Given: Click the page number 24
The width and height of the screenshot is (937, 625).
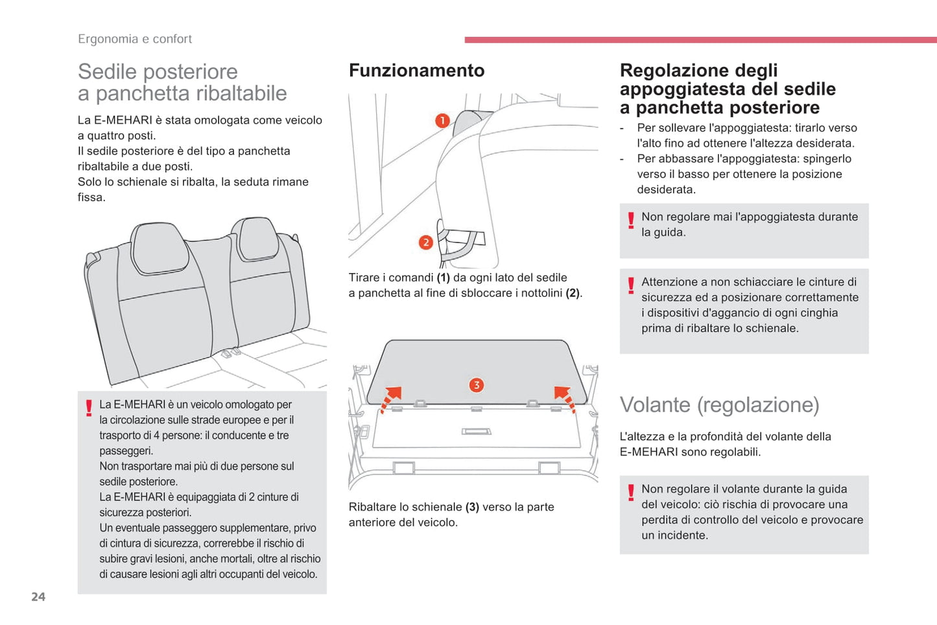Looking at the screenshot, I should [38, 596].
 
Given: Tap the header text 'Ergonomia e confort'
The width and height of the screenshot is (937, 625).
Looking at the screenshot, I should [135, 39].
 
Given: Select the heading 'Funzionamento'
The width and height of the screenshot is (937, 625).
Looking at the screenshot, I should [416, 71].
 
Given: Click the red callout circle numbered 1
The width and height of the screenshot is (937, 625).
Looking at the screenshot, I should [442, 121].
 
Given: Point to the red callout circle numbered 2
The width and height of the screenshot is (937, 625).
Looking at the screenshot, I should [425, 242].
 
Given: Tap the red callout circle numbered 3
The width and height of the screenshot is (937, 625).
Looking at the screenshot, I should [476, 385].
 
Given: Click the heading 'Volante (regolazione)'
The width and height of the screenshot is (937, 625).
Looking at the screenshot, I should [719, 405].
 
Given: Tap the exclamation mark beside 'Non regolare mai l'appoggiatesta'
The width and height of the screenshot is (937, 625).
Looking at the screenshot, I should [630, 220].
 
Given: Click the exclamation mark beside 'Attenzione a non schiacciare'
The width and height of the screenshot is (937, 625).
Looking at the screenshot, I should [630, 285].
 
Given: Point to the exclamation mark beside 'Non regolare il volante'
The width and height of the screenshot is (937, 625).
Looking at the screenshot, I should [630, 493].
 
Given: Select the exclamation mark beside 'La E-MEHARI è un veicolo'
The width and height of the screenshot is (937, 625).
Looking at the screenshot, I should [89, 408].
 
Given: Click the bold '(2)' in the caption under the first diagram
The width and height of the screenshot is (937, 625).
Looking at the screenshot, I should [572, 293].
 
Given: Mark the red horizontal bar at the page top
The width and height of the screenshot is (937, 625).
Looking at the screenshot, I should [700, 40].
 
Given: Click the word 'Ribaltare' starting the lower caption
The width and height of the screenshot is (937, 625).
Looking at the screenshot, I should [373, 507].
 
